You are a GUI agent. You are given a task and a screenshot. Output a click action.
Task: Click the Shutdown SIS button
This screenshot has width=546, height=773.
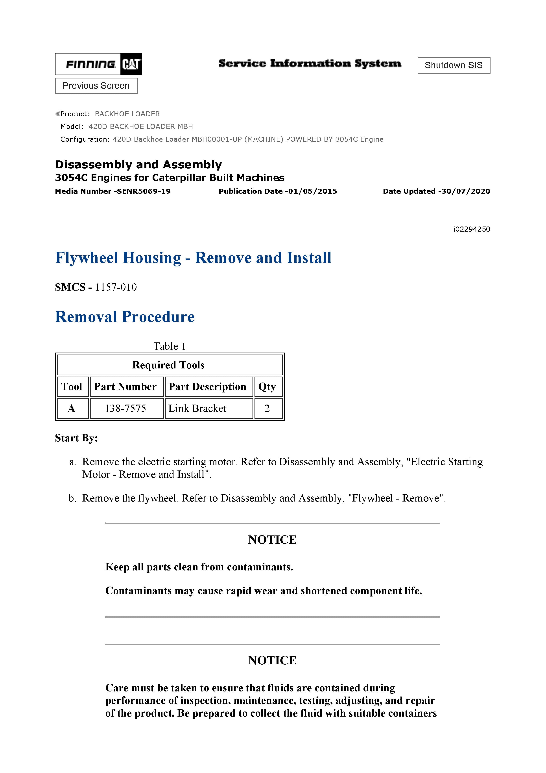click(454, 65)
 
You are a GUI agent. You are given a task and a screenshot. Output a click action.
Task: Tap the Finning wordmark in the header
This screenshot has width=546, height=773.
click(90, 64)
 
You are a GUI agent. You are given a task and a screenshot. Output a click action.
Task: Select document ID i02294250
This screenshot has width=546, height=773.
click(471, 229)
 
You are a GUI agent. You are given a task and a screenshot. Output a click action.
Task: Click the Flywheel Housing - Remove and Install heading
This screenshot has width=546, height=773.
click(193, 258)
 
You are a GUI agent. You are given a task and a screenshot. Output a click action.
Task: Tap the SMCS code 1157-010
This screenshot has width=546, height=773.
click(116, 287)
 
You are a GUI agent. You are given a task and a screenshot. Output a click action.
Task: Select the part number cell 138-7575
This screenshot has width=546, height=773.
click(125, 408)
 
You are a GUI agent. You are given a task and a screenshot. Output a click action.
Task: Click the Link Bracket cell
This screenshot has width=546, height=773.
click(197, 408)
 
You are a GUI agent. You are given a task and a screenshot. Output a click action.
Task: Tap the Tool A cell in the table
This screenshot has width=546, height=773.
click(72, 408)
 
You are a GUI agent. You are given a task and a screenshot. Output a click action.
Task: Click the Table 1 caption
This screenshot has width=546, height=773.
click(170, 346)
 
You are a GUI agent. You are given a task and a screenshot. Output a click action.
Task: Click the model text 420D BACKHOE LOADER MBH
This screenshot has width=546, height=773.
click(141, 126)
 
